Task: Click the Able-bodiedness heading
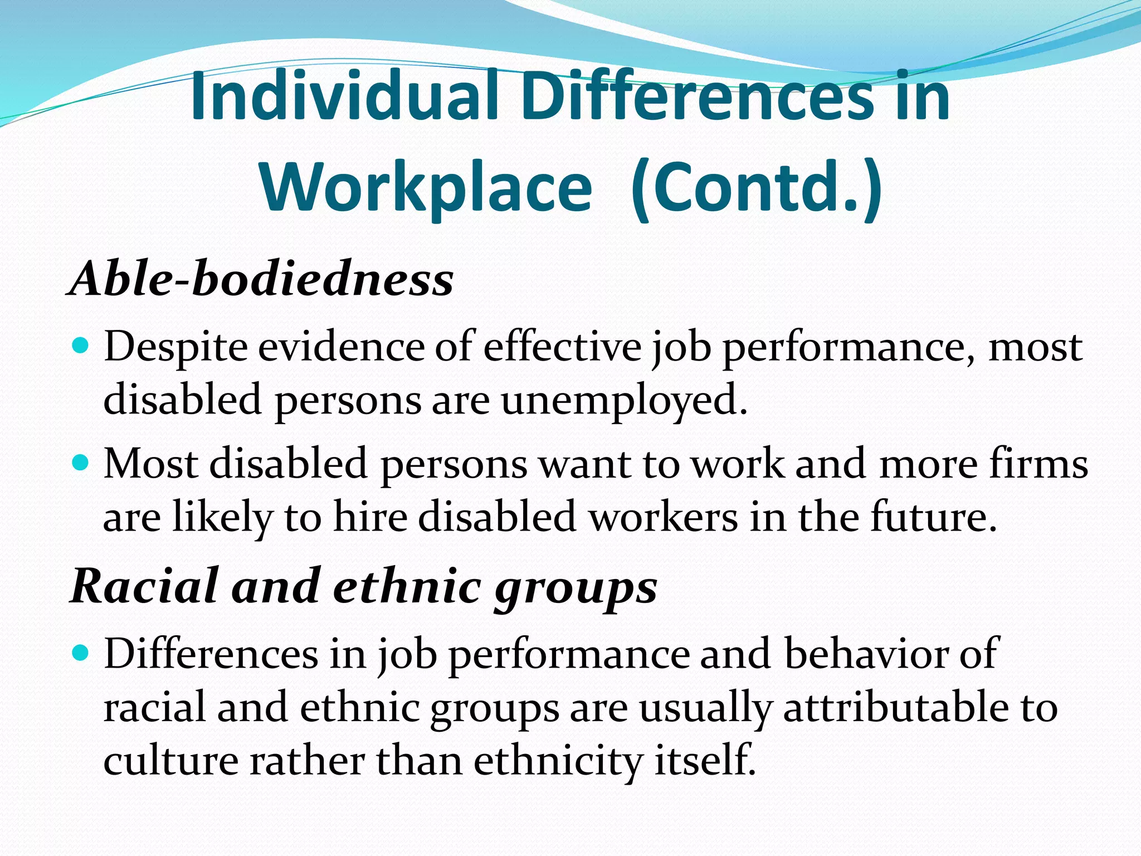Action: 261,279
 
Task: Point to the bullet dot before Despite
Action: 81,347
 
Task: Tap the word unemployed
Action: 624,400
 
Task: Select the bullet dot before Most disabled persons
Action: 81,463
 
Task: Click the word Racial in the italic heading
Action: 144,586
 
